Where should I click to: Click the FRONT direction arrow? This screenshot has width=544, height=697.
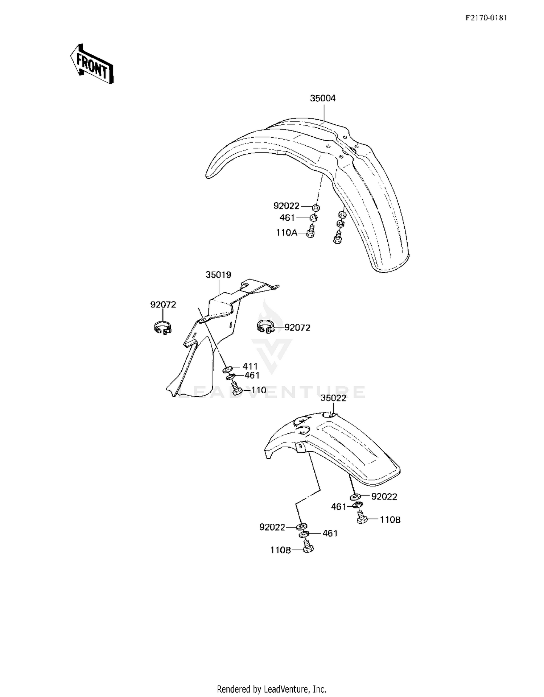click(92, 64)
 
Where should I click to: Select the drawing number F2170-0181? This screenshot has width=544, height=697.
click(486, 18)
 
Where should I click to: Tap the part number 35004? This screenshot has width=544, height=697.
click(323, 98)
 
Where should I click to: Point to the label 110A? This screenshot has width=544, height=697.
click(286, 232)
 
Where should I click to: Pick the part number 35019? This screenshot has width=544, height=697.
click(218, 275)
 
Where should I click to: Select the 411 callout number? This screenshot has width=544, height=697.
click(250, 366)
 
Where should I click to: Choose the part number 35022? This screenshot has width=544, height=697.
click(333, 398)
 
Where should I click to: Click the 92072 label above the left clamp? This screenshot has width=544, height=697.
click(163, 305)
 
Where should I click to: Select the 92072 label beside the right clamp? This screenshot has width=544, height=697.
click(297, 328)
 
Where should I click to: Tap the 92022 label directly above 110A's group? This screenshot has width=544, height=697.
click(287, 206)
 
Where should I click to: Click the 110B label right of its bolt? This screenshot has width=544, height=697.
click(390, 519)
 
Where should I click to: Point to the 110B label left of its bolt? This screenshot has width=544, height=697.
click(280, 550)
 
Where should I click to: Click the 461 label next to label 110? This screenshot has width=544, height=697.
click(252, 375)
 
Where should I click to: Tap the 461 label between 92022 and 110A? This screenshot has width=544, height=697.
click(287, 217)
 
